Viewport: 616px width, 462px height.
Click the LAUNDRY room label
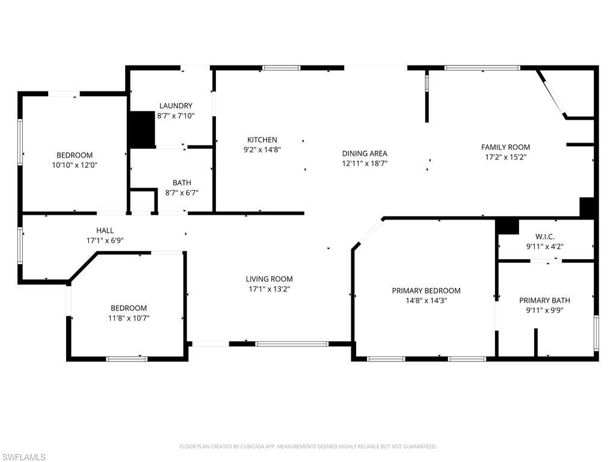[x=176, y=105]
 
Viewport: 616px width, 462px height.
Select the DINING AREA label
[x=365, y=153]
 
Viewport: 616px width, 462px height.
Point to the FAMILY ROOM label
[x=505, y=147]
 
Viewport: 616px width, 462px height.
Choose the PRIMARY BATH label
[x=544, y=300]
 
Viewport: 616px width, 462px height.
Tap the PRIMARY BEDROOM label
[x=426, y=291]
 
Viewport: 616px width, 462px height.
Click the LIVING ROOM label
[x=269, y=279]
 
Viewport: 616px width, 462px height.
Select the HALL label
[x=105, y=230]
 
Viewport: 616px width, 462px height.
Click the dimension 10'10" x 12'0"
[x=75, y=164]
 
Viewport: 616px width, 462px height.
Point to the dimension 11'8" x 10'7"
[x=129, y=318]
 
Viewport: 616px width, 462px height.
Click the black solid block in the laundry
[x=143, y=129]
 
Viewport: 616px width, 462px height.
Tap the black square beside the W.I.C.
[x=508, y=226]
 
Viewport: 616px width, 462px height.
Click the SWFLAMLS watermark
[x=23, y=457]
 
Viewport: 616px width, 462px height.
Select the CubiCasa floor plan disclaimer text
[x=307, y=446]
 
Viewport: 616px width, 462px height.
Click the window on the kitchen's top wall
[x=281, y=68]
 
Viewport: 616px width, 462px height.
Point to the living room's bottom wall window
[x=292, y=343]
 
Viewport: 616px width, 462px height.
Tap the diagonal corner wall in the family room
[x=551, y=93]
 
